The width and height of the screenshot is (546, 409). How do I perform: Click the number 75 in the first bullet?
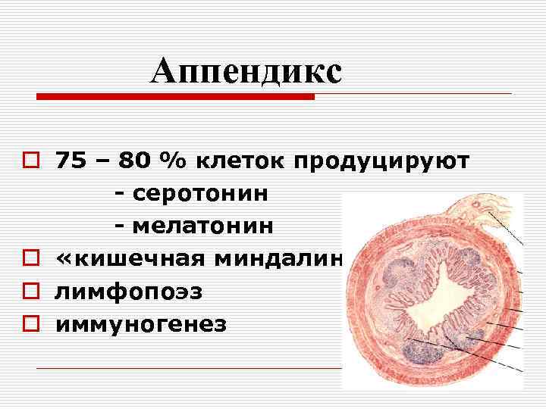pyautogui.click(x=71, y=161)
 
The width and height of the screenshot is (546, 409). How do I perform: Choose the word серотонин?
pyautogui.click(x=199, y=194)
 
